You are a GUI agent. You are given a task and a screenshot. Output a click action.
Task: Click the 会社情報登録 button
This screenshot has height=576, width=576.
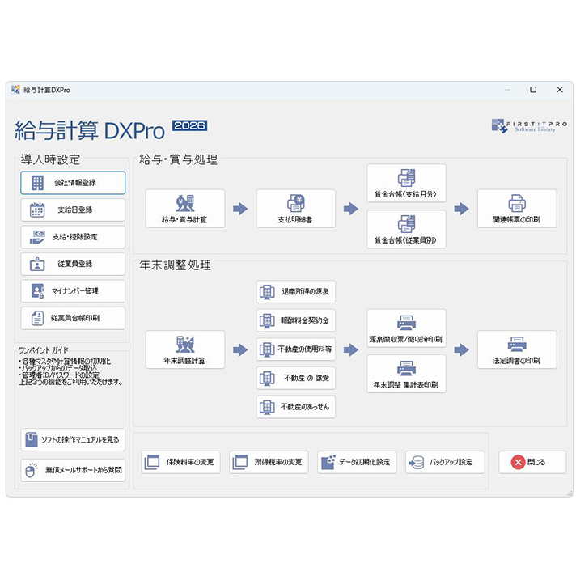pos(73,183)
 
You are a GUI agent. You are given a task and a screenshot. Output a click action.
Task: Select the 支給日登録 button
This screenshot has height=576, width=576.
pos(73,210)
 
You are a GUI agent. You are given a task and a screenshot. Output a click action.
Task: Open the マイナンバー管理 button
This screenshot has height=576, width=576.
pos(73,290)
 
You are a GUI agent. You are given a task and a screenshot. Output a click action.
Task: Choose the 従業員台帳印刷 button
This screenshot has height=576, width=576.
pos(73,318)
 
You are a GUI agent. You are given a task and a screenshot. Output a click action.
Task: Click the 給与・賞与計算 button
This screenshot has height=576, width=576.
pos(185,209)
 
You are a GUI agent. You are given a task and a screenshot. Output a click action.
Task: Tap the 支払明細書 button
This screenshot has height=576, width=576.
pos(295,209)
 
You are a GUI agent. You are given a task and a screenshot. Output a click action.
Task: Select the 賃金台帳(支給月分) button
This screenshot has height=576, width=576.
pos(406,184)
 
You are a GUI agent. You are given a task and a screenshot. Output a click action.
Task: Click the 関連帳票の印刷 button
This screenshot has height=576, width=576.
pos(517,209)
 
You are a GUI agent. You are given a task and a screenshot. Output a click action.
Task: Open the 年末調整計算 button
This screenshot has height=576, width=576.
pos(185,349)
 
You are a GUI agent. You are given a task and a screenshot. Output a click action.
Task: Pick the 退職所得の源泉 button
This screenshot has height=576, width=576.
pos(295,291)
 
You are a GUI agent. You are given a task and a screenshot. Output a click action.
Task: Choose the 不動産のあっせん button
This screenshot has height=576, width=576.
pos(295,407)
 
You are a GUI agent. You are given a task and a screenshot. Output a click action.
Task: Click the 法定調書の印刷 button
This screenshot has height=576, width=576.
pos(517,349)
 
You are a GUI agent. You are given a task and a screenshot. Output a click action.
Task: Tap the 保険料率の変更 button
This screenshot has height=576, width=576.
pos(180,462)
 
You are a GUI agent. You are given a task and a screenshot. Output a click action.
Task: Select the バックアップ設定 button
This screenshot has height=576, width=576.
pos(445,462)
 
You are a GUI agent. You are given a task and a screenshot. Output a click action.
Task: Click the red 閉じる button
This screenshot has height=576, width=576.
pos(532,462)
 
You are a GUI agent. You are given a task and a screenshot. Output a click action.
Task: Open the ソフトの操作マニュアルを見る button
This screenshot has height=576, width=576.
pos(73,439)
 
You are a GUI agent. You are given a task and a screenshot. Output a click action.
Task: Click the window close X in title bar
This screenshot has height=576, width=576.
pos(560,90)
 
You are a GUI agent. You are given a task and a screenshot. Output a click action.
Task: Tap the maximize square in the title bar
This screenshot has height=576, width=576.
pos(533,90)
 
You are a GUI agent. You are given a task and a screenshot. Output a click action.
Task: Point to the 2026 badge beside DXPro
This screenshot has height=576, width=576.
pos(189,125)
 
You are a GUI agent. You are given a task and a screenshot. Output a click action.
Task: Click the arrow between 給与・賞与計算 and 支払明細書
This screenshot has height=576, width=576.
pos(240,209)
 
